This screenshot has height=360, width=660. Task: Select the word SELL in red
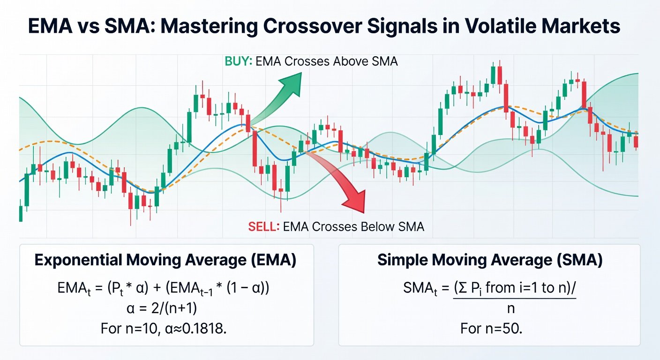263,227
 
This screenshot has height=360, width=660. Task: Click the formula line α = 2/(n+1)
165,308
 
